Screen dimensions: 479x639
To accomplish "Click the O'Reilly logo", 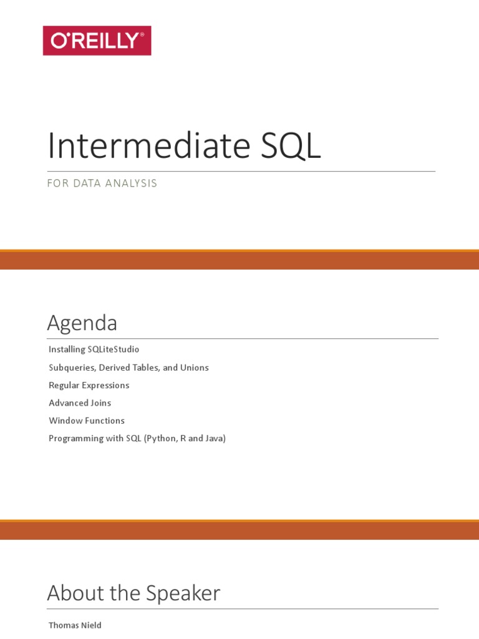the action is pyautogui.click(x=97, y=41).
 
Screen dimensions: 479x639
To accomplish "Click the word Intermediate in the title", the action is pyautogui.click(x=149, y=145).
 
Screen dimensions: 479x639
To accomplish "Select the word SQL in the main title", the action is pyautogui.click(x=291, y=146).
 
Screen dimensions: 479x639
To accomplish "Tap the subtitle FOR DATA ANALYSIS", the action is pyautogui.click(x=102, y=183).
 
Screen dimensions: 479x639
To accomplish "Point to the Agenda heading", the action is pyautogui.click(x=82, y=323).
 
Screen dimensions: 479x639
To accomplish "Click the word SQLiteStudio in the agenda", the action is pyautogui.click(x=114, y=349).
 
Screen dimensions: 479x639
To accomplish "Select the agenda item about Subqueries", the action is pyautogui.click(x=128, y=368).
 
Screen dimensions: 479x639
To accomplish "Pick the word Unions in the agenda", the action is pyautogui.click(x=195, y=368).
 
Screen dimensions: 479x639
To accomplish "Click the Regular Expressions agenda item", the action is pyautogui.click(x=89, y=386).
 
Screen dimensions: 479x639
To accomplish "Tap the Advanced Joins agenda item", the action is pyautogui.click(x=80, y=403).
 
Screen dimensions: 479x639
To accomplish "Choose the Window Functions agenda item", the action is pyautogui.click(x=87, y=421).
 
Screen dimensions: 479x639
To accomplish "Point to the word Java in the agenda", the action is pyautogui.click(x=215, y=439).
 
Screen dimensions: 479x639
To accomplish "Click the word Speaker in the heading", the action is pyautogui.click(x=183, y=593).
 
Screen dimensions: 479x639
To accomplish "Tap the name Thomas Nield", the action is pyautogui.click(x=75, y=625).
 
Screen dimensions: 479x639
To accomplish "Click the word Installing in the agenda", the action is pyautogui.click(x=67, y=349).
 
